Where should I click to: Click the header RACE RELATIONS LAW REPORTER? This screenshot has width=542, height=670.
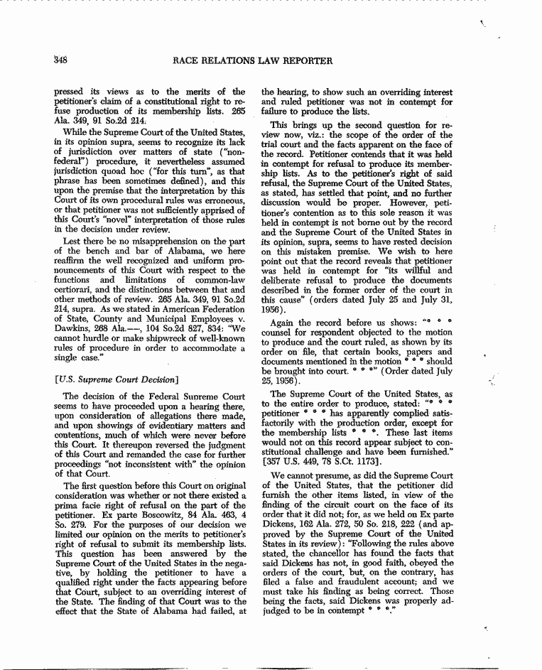pyautogui.click(x=252, y=61)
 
